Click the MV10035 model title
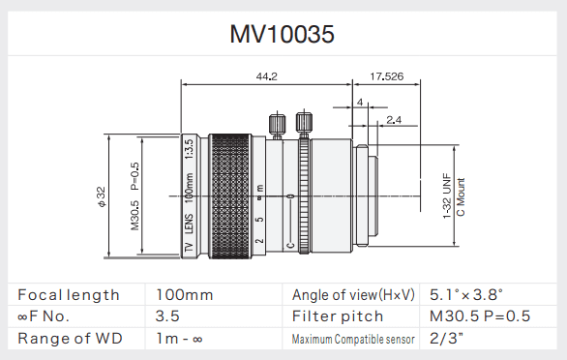[282, 35]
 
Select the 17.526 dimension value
[387, 75]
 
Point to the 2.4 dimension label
[394, 119]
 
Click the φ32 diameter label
[100, 196]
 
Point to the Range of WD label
[64, 339]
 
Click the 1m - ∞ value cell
[181, 339]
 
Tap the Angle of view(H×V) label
[351, 294]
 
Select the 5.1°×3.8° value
[466, 294]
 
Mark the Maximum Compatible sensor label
[353, 340]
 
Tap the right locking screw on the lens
[304, 124]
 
